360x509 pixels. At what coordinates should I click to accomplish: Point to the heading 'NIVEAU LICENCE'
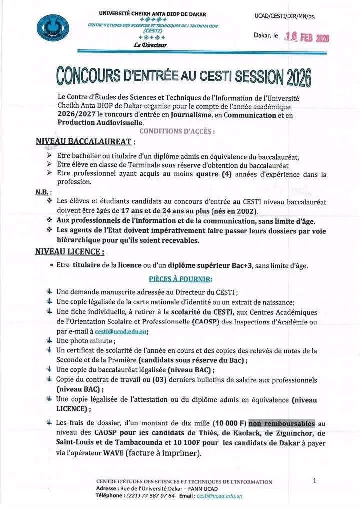pyautogui.click(x=70, y=252)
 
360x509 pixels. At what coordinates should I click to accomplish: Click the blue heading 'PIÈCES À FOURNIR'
pyautogui.click(x=180, y=278)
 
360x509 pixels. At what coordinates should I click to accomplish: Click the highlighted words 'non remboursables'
pyautogui.click(x=282, y=422)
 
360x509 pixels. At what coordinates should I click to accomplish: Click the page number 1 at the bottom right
pyautogui.click(x=314, y=481)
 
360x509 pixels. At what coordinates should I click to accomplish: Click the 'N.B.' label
pyautogui.click(x=41, y=192)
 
